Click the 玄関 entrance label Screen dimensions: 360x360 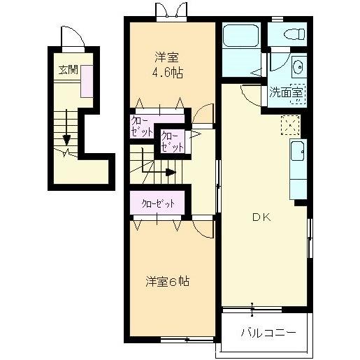69,69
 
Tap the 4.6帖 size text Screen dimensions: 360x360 168,73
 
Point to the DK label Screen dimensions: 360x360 261,217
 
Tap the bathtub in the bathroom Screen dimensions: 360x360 242,37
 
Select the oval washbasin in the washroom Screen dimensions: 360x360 297,68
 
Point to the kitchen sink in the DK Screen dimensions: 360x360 298,150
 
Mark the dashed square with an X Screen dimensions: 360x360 289,125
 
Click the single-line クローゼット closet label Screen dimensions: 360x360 157,204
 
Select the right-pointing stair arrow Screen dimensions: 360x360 149,168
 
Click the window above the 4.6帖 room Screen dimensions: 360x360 172,13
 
